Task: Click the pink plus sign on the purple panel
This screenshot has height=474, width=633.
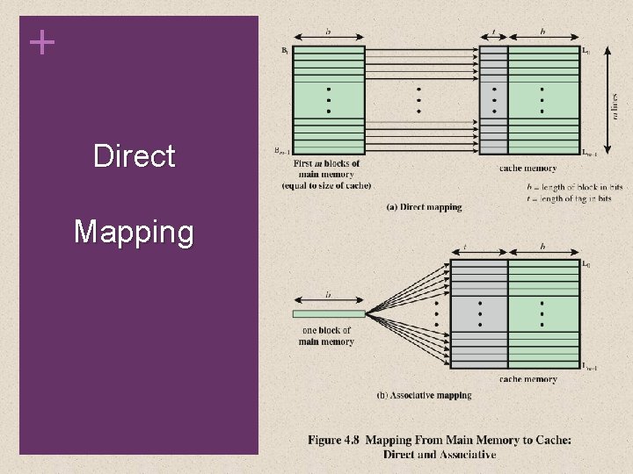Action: (x=41, y=42)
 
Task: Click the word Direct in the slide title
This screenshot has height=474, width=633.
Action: (x=135, y=157)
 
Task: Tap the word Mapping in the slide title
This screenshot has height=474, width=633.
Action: (x=134, y=233)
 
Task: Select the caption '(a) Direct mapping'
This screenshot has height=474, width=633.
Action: (x=424, y=207)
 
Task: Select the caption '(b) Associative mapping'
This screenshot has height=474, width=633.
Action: (x=424, y=396)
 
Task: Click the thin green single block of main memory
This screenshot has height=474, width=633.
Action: (x=328, y=313)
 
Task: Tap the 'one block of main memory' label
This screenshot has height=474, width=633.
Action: (x=326, y=336)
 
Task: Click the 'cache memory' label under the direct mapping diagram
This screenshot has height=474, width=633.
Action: (x=527, y=168)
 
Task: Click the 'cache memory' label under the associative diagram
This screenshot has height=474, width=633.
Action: (x=527, y=379)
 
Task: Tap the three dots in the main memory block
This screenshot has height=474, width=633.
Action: (x=328, y=100)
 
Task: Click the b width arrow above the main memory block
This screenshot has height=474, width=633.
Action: (x=328, y=37)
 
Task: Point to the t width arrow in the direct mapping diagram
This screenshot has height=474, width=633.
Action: (x=494, y=37)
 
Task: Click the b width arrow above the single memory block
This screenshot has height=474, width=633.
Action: (x=328, y=300)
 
